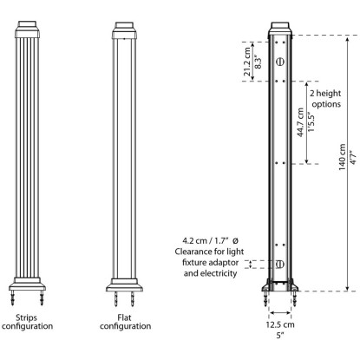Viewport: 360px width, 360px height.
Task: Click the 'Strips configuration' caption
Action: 27,322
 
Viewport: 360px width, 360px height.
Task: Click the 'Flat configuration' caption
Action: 125,322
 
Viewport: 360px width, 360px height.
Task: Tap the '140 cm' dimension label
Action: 343,157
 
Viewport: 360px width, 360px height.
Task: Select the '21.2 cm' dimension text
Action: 247,62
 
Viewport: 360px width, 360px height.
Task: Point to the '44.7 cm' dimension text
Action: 300,122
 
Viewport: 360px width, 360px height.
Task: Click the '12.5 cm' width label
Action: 280,324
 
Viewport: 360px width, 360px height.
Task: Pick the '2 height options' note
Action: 326,99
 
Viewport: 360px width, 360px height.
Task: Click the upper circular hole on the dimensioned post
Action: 279,62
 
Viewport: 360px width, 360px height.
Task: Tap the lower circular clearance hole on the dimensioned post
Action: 279,264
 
